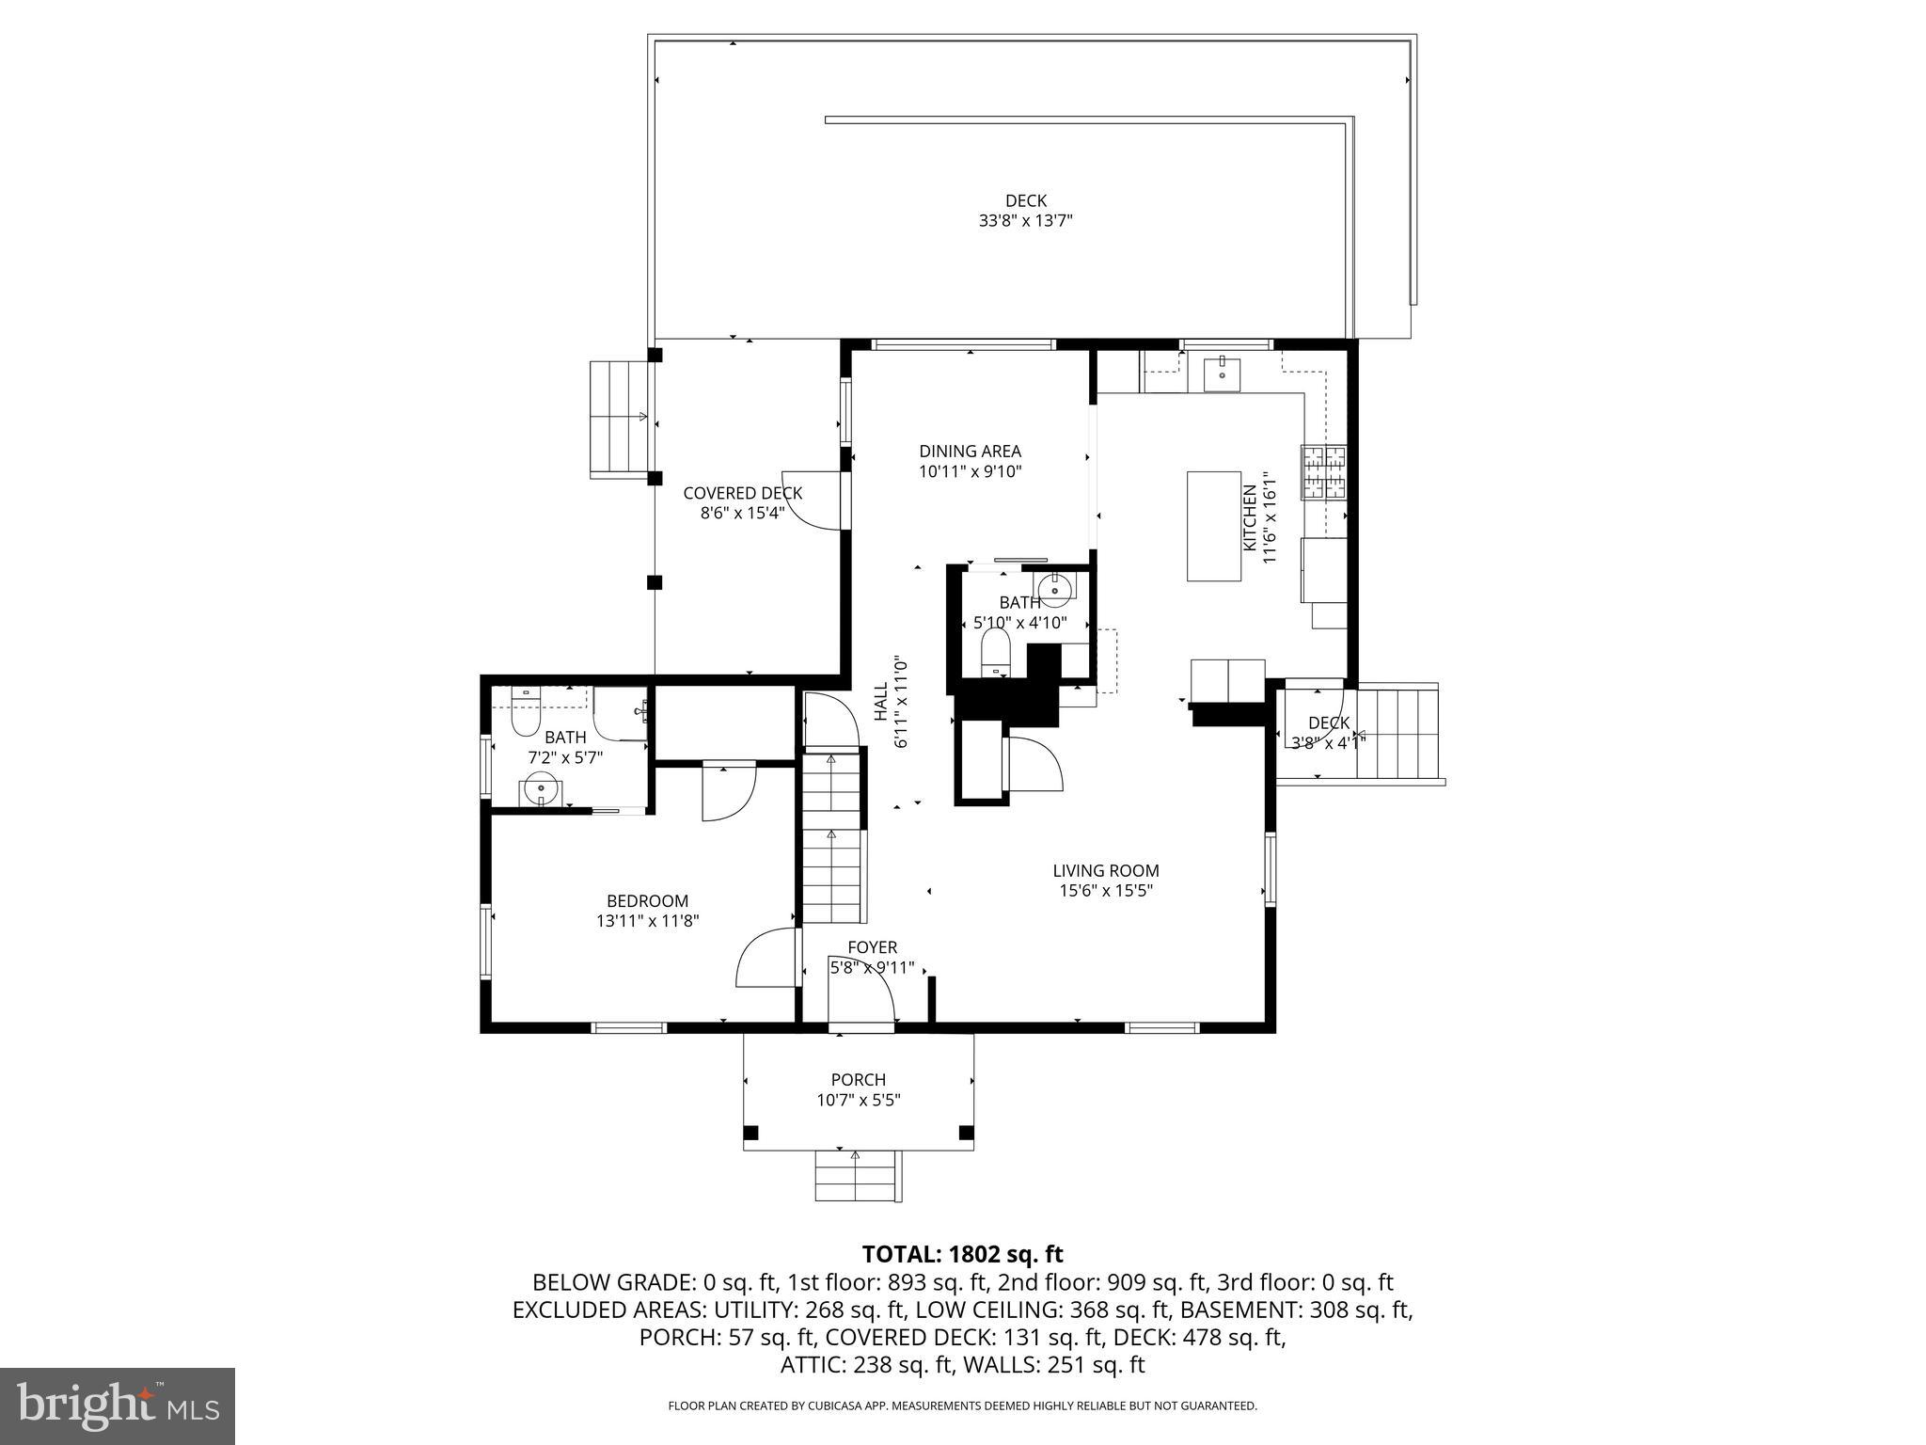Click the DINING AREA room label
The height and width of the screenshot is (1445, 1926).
point(970,452)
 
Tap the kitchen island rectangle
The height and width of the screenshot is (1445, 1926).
point(1214,526)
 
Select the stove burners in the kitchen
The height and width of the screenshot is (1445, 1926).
point(1324,472)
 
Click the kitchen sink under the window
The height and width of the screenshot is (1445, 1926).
point(1222,374)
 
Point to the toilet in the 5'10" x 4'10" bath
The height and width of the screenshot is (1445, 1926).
point(995,652)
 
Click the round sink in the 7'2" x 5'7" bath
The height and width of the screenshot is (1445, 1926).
point(541,788)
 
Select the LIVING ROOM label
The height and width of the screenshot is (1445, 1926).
point(1105,870)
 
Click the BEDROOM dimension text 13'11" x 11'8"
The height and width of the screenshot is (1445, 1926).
point(647,921)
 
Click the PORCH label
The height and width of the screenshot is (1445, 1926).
point(858,1079)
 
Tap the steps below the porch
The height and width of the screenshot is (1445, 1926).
point(857,1175)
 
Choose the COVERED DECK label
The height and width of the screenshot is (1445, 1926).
point(742,493)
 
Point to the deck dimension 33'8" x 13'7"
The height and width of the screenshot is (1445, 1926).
point(1025,221)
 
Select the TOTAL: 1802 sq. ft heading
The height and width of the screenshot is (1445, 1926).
point(962,1253)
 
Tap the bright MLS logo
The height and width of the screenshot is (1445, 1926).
point(118,1405)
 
